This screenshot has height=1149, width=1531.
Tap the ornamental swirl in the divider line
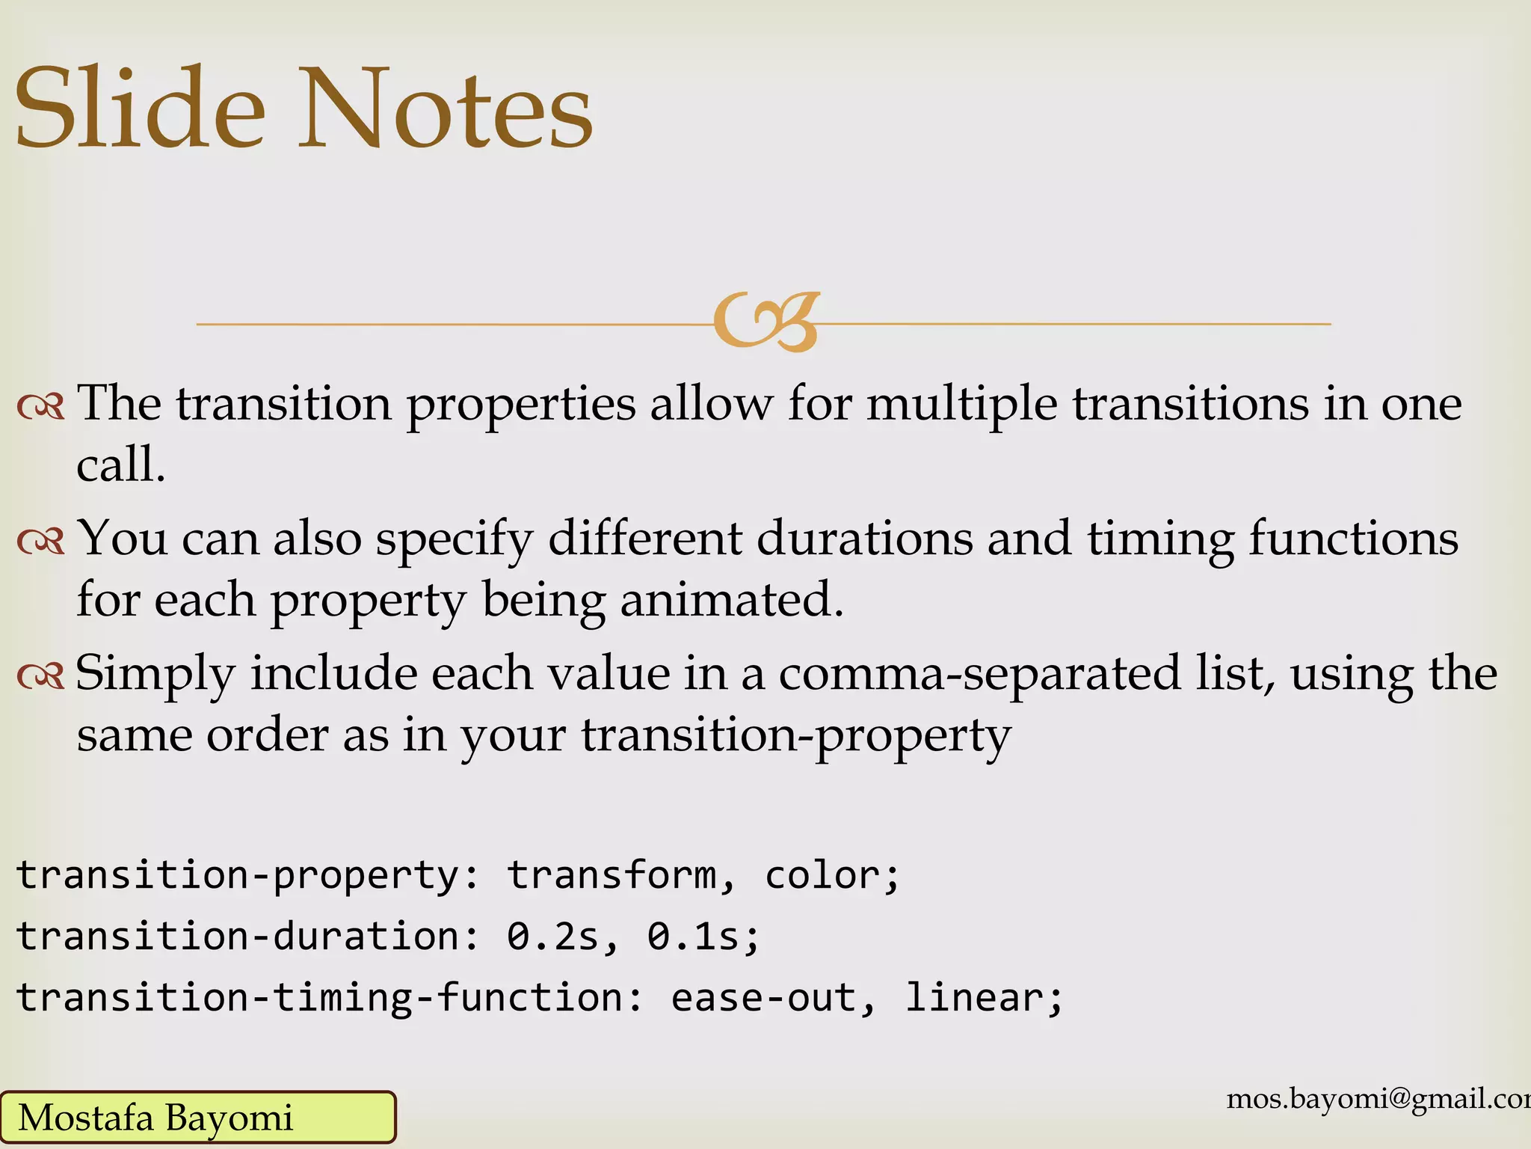765,322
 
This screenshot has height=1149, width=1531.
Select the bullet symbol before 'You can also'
41,541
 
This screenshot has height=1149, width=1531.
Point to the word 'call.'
120,465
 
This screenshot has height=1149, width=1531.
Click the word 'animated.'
732,600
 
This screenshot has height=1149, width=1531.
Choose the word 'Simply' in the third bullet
155,675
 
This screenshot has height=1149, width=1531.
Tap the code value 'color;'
832,875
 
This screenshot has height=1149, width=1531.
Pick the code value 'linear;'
984,998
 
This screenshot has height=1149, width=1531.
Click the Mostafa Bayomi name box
197,1118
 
